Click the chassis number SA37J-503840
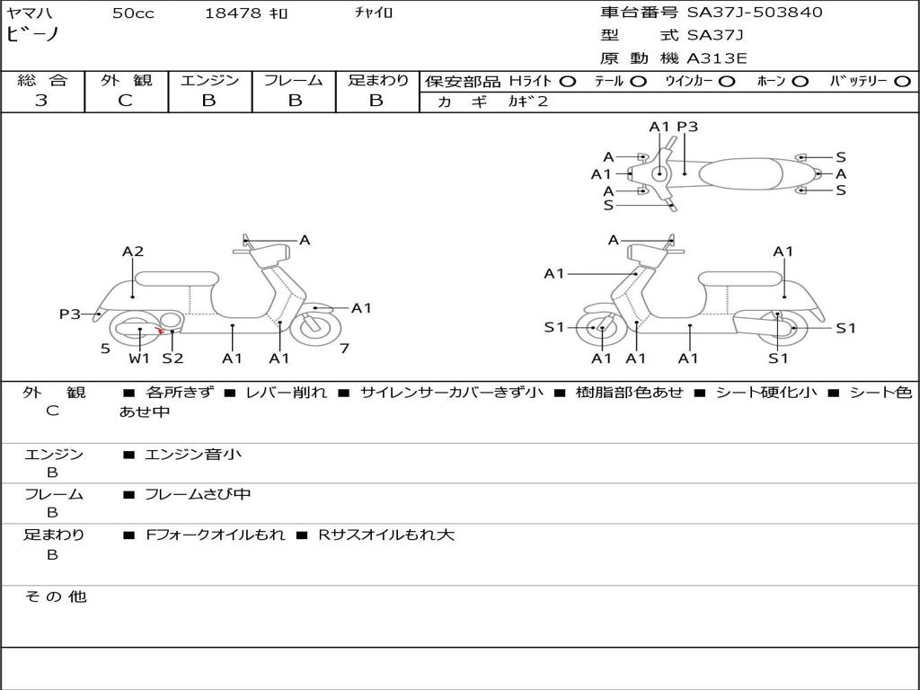point(755,13)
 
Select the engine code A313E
point(716,58)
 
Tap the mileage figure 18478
point(233,13)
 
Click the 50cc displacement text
point(133,13)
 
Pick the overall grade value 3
point(41,101)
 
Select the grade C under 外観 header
point(125,101)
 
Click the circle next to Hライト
point(568,82)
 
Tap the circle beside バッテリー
point(902,82)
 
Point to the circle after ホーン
point(800,82)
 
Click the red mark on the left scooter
point(160,331)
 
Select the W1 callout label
point(139,358)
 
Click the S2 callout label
point(172,358)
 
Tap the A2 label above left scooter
point(133,252)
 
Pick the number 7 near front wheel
point(344,349)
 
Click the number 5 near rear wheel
point(105,349)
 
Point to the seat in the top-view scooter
point(740,173)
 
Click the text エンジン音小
point(193,454)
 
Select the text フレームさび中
point(198,495)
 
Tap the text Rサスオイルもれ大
point(386,535)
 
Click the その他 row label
point(56,597)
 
